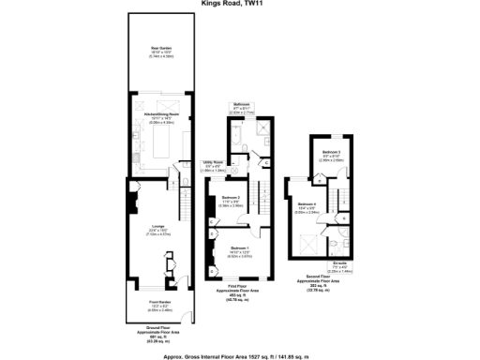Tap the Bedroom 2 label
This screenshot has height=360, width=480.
click(x=232, y=198)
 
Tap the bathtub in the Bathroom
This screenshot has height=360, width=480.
click(x=235, y=141)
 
